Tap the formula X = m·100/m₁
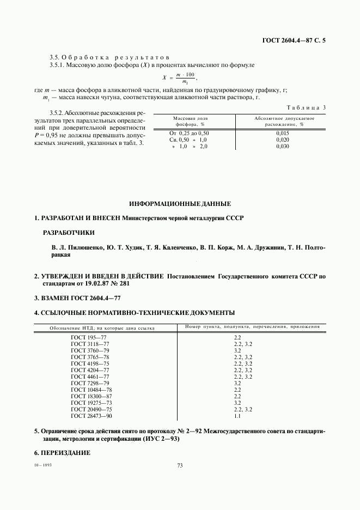[179, 78]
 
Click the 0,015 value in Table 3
[282, 133]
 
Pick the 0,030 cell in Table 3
[282, 147]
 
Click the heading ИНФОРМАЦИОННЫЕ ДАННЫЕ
[180, 204]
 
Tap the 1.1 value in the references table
[237, 416]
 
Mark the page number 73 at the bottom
[180, 465]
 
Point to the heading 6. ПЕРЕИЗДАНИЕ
[62, 453]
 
